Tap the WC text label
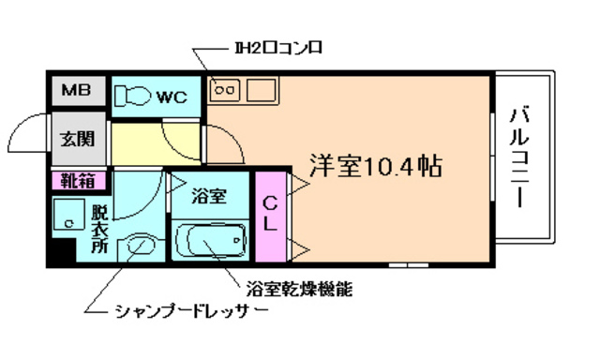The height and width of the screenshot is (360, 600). click(x=171, y=96)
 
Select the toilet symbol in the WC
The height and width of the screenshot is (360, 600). click(x=132, y=95)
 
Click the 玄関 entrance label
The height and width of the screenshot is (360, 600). click(x=77, y=140)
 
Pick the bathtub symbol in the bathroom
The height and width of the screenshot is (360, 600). click(x=210, y=240)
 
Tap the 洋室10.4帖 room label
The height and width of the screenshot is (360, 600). click(x=376, y=167)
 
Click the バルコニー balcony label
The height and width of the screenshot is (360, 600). click(x=518, y=158)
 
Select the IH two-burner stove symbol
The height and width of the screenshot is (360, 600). click(x=227, y=91)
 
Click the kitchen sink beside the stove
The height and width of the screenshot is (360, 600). click(x=261, y=91)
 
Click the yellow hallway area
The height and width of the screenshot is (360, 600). click(x=155, y=144)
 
